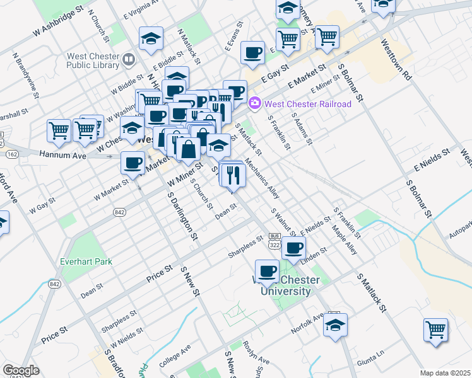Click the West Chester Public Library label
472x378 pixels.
pyautogui.click(x=93, y=60)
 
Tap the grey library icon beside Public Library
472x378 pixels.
pyautogui.click(x=129, y=60)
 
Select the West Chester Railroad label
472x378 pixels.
pyautogui.click(x=308, y=104)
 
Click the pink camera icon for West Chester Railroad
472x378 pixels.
pyautogui.click(x=255, y=103)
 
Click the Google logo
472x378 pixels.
pyautogui.click(x=21, y=370)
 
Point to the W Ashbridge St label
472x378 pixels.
pyautogui.click(x=59, y=21)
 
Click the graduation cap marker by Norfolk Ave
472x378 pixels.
pyautogui.click(x=336, y=326)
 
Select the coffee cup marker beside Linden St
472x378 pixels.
pyautogui.click(x=293, y=248)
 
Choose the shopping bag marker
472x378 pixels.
pyautogui.click(x=189, y=150)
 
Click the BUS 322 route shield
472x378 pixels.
pyautogui.click(x=274, y=240)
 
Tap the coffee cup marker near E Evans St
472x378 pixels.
pyautogui.click(x=252, y=53)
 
